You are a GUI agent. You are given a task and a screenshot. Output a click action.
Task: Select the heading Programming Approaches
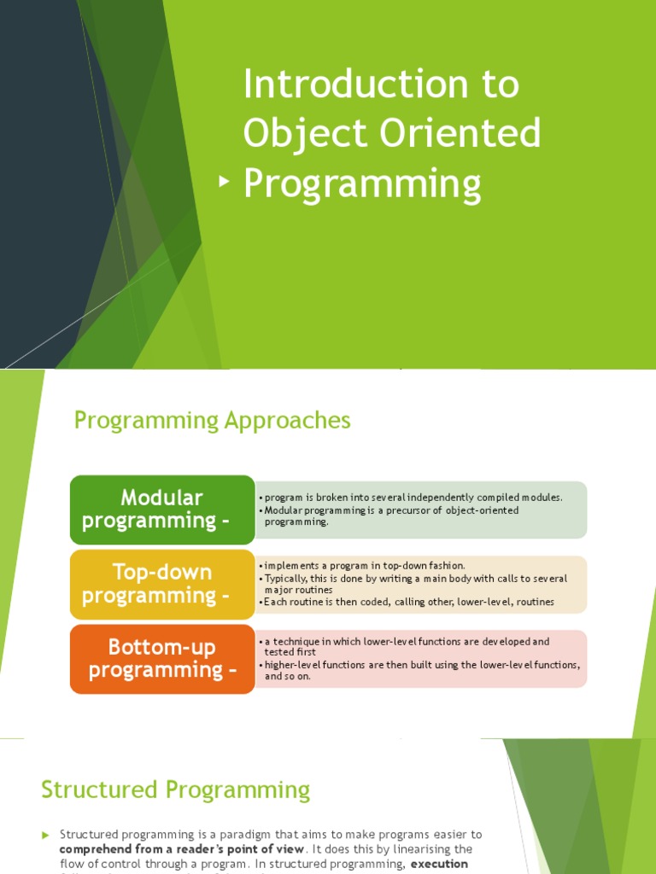213,420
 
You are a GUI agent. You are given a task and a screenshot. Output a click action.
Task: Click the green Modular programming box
162,510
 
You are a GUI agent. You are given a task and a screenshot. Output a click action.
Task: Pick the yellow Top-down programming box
162,584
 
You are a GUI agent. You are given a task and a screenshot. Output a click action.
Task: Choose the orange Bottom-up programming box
162,658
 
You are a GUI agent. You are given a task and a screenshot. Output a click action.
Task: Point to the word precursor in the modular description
407,510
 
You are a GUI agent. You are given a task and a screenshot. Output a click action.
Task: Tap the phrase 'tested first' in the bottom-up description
290,652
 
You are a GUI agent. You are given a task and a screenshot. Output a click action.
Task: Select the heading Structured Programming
175,790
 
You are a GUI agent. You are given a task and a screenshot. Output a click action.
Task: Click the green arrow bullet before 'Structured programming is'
46,835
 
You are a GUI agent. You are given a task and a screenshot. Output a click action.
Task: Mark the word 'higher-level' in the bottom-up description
291,665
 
